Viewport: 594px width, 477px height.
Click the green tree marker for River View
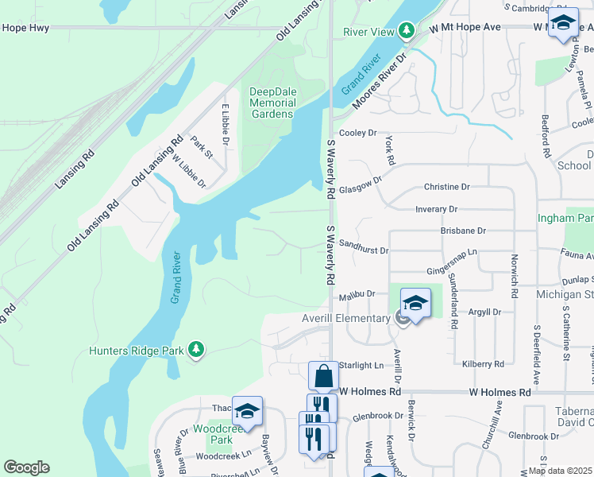(406, 30)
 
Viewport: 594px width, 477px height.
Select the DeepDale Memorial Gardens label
(272, 103)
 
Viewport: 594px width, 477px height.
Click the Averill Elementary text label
(347, 318)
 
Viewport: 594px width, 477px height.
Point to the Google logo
(26, 467)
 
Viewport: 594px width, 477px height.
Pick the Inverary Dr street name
(437, 209)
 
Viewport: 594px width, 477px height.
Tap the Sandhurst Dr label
(363, 247)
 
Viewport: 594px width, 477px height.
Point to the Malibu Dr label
(355, 295)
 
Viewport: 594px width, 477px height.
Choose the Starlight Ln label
(362, 365)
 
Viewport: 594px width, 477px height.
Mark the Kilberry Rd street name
(482, 364)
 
